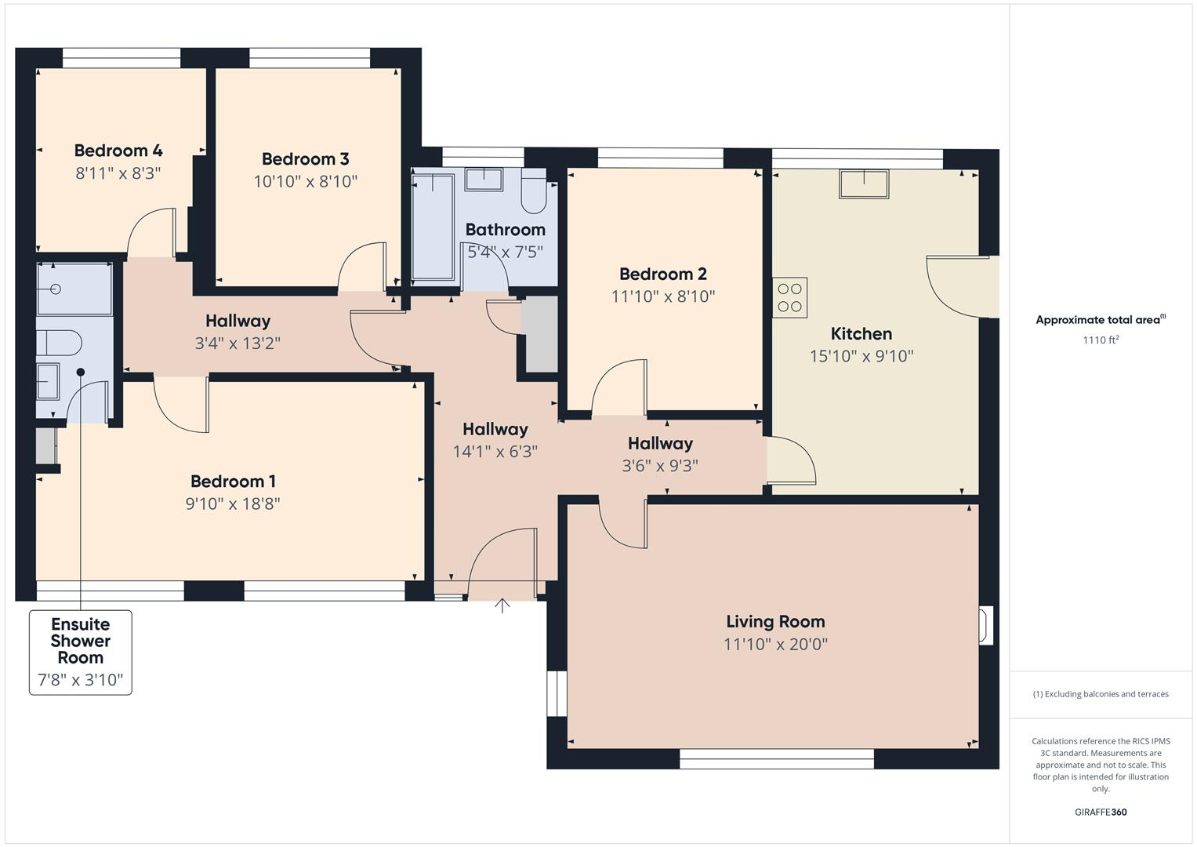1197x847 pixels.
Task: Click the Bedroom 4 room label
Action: pos(118,151)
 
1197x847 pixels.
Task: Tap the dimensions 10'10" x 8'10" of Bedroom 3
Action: pos(305,182)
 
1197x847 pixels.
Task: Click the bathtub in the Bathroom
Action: pos(433,227)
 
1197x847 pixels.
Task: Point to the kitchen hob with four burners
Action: pos(789,298)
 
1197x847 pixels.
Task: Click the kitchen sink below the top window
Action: pos(864,184)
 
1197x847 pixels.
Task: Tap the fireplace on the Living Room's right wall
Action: pos(985,625)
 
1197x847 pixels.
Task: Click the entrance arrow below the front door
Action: pos(502,605)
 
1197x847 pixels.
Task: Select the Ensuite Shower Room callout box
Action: pos(81,652)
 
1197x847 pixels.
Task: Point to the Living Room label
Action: pos(775,622)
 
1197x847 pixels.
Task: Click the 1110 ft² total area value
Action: pos(1100,340)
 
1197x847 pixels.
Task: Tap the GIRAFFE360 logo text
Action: pos(1100,812)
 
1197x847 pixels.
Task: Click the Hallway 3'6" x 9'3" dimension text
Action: pos(660,466)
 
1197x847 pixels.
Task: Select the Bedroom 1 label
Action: pos(233,482)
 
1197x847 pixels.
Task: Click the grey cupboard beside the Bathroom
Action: pos(539,334)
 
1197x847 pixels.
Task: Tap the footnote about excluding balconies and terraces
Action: pos(1100,694)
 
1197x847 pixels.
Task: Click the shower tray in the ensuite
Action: pos(74,289)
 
